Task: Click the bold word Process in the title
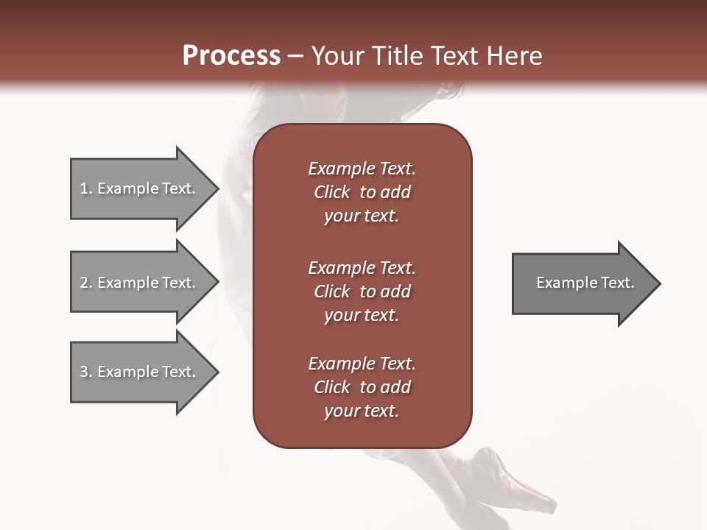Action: tap(231, 56)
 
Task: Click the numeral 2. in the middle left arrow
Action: tap(86, 283)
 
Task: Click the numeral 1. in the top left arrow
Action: tap(86, 188)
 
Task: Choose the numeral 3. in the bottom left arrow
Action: tap(86, 372)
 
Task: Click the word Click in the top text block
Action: tap(332, 192)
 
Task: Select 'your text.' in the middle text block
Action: tap(362, 315)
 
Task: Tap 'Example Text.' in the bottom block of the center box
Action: tap(362, 364)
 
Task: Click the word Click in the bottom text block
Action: tap(332, 387)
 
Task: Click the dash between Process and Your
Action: tap(296, 57)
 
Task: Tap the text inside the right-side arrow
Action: tap(585, 283)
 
